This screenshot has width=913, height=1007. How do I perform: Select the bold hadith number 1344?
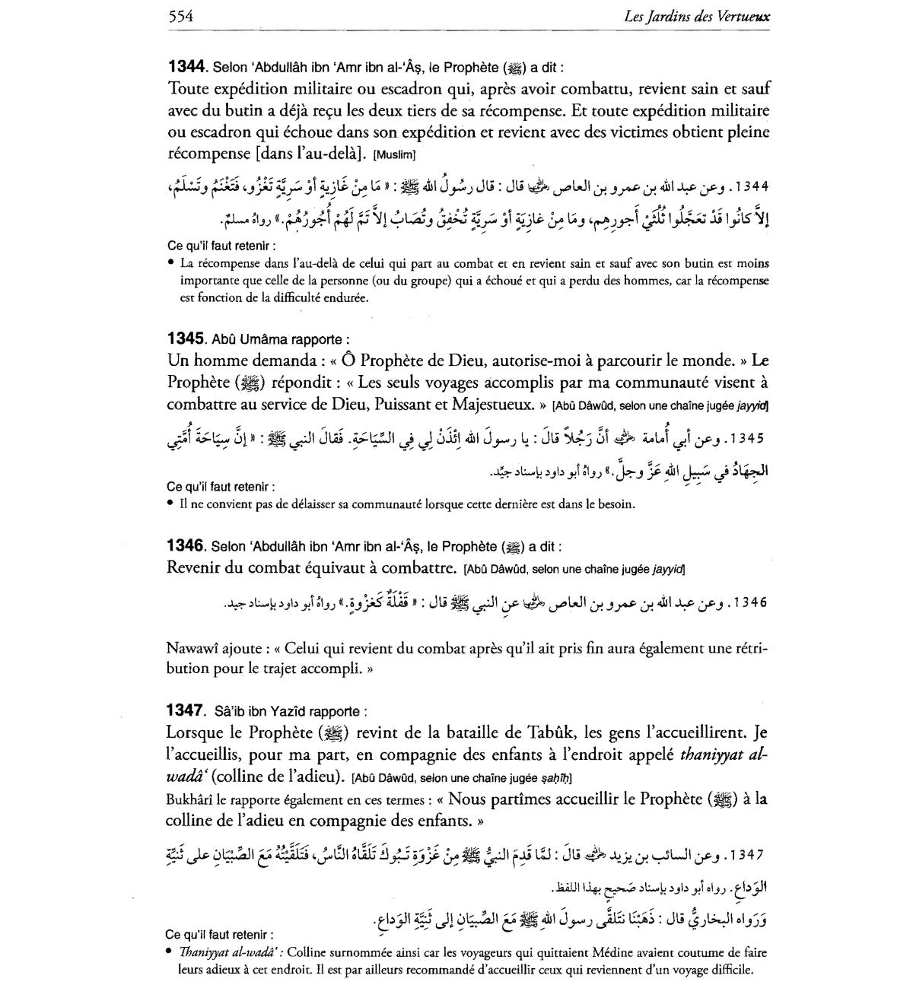point(186,66)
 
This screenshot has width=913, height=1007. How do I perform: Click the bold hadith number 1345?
point(186,338)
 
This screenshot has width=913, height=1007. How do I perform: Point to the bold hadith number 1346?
point(186,545)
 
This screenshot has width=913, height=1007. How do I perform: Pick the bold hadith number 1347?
point(186,710)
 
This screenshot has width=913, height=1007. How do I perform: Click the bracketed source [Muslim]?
point(394,155)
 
